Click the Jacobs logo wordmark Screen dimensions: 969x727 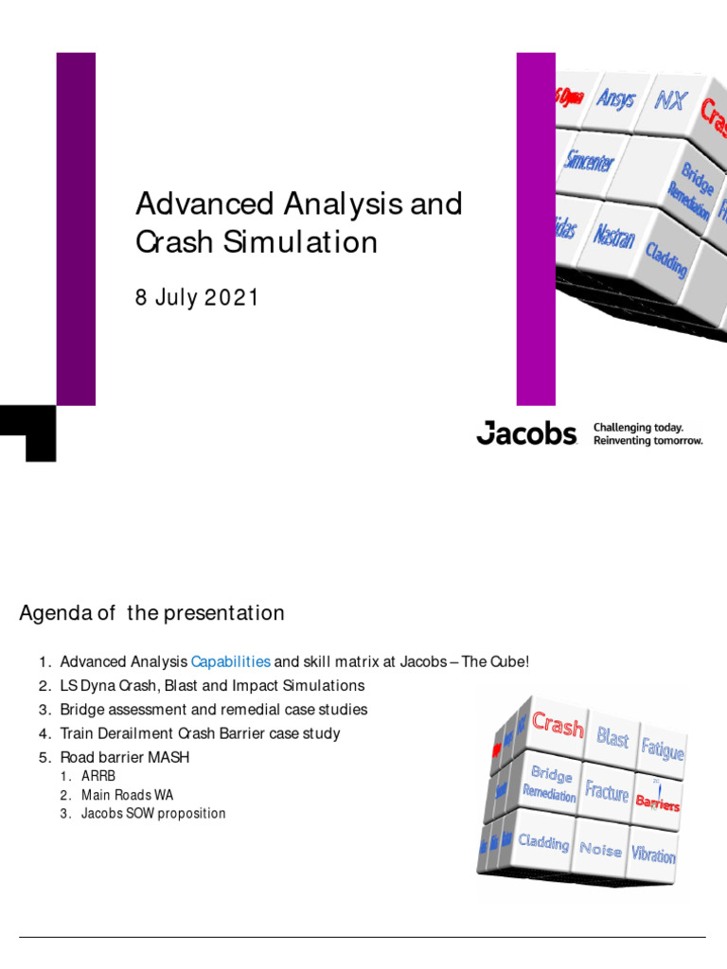point(526,433)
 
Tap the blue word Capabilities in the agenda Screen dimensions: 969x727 point(231,661)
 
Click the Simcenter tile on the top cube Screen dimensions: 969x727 point(589,160)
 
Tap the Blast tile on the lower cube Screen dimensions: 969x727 point(612,737)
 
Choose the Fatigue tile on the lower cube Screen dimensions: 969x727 point(663,749)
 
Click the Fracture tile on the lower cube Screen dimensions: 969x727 point(607,790)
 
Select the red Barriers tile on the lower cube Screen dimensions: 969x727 point(658,803)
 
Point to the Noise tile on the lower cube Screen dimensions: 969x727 point(600,848)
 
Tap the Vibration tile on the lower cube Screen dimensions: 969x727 point(653,854)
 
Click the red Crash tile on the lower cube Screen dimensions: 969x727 point(558,726)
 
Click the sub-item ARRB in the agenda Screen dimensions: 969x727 point(98,776)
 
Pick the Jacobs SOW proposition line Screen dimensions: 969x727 point(153,814)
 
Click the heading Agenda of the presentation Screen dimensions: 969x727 point(151,613)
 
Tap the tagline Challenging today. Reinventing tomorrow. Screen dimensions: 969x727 point(647,434)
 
